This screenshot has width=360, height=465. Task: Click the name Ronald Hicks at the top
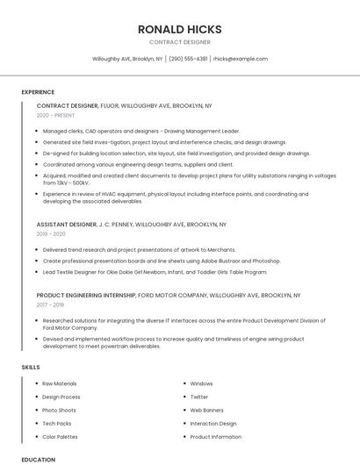(179, 29)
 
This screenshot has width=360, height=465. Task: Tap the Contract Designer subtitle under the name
(179, 42)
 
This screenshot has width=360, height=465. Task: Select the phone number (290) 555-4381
(188, 59)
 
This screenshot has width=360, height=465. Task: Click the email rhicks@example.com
(240, 59)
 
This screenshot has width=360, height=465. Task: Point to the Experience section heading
(38, 92)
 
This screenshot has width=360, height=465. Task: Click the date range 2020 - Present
(55, 115)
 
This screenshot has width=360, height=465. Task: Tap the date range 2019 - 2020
(51, 234)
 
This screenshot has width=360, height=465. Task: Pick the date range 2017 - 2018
(50, 305)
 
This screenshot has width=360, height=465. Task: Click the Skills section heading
(31, 367)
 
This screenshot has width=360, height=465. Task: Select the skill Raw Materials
(60, 383)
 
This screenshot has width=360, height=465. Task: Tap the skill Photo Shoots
(59, 410)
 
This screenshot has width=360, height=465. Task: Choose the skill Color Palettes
(60, 437)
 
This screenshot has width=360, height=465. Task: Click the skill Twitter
(199, 397)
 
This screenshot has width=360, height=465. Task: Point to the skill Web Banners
(206, 410)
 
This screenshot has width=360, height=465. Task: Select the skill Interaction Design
(213, 424)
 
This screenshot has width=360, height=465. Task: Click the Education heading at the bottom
(38, 460)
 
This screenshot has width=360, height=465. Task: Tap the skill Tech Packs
(56, 424)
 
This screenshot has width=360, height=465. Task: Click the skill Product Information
(215, 437)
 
